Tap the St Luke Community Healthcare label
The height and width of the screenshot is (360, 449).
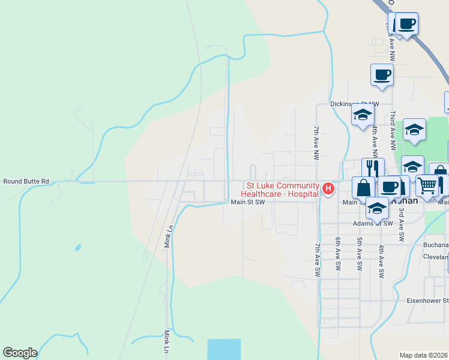(279, 190)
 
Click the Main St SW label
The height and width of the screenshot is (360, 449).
(248, 202)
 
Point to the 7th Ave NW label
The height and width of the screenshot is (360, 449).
(316, 143)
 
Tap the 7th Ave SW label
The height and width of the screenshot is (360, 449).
(318, 260)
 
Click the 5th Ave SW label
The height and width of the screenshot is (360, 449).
(360, 253)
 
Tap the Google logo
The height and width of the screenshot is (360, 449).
(20, 353)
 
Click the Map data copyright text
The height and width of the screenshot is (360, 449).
(424, 355)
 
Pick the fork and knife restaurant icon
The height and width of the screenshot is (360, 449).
(373, 168)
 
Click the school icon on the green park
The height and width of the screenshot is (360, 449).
(414, 128)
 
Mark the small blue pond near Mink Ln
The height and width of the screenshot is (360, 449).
(77, 247)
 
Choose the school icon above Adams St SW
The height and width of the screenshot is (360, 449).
(376, 208)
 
